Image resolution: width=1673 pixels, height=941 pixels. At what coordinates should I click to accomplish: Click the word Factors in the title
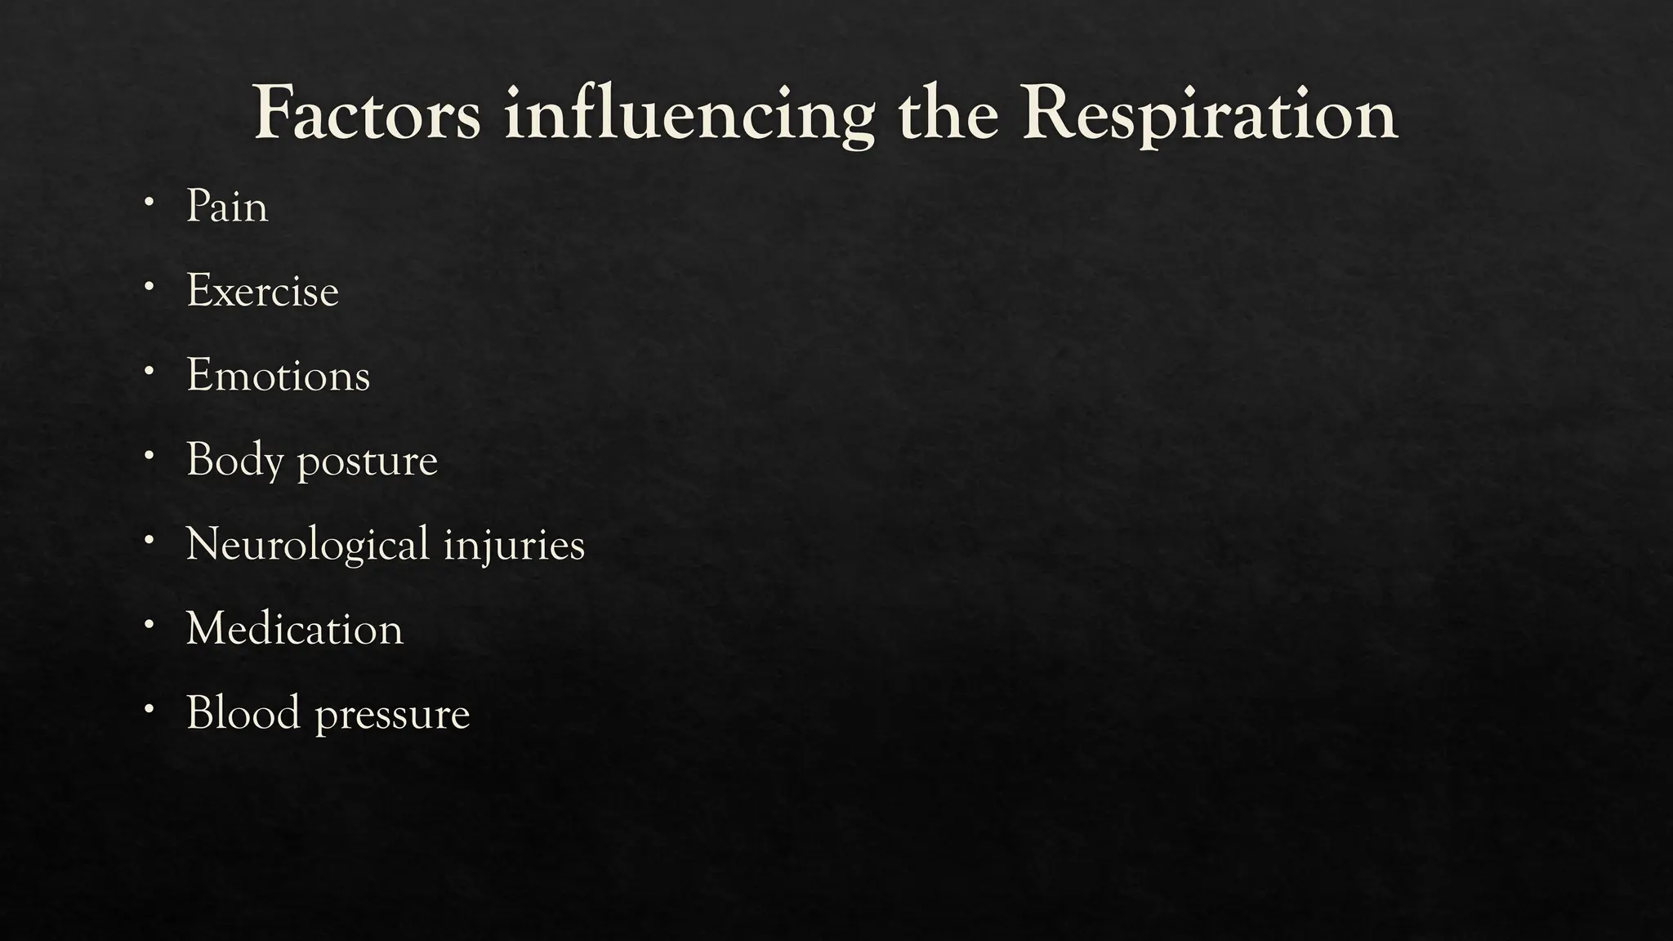(367, 114)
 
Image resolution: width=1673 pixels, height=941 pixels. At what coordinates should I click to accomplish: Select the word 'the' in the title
(948, 114)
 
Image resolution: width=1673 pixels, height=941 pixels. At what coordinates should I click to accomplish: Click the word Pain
(227, 206)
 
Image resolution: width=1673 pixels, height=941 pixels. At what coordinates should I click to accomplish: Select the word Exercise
(262, 291)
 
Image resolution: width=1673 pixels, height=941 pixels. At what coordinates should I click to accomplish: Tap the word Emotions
(278, 376)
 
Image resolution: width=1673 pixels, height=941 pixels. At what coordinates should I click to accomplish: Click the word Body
(234, 461)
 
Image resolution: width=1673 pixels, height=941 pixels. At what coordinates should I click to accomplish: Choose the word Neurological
(307, 546)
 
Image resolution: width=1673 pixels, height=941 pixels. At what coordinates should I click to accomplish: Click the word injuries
(514, 546)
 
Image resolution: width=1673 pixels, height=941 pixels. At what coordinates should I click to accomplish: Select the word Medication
(294, 629)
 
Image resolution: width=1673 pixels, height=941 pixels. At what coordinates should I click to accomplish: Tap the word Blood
(243, 713)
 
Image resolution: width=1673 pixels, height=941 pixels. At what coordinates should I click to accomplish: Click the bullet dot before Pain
(148, 200)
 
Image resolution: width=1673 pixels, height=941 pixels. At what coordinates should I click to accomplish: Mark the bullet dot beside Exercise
(148, 285)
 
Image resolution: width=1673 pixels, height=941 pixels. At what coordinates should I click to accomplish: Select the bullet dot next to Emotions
(148, 370)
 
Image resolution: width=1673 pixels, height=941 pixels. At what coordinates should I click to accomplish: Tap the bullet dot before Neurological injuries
(148, 539)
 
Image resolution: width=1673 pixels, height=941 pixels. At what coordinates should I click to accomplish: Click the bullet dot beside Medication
(148, 624)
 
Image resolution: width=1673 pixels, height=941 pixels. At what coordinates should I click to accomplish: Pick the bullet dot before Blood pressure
(148, 708)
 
